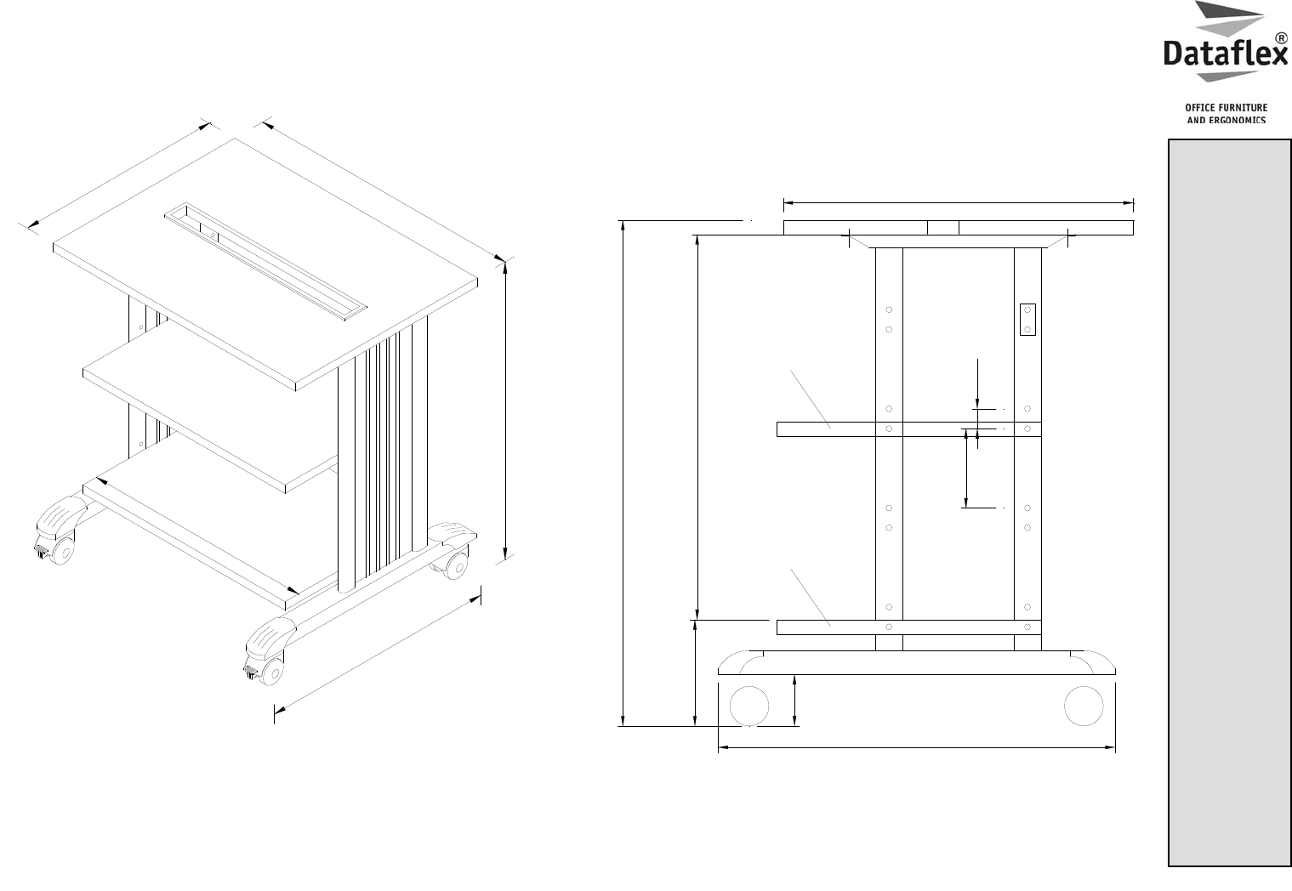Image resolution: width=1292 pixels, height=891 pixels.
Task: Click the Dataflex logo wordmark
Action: point(1225,54)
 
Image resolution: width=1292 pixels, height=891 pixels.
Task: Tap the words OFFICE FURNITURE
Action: point(1227,108)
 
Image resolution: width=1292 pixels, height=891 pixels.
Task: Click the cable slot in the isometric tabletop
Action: point(265,261)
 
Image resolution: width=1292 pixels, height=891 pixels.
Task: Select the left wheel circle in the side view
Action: point(749,706)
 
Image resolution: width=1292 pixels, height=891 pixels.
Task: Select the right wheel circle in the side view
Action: point(1084,706)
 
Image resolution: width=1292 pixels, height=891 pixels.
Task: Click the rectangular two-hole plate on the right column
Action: point(1027,320)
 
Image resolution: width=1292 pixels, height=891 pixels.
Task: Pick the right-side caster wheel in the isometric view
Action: point(456,566)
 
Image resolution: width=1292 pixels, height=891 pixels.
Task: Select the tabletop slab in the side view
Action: point(959,228)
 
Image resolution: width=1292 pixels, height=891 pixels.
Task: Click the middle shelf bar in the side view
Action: point(909,429)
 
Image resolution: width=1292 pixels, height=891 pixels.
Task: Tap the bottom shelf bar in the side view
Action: point(909,627)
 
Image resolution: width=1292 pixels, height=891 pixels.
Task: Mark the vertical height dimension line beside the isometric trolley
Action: point(505,411)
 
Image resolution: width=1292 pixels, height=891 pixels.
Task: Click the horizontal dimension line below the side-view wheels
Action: point(917,748)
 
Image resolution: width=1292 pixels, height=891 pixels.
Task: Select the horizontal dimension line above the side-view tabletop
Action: point(959,203)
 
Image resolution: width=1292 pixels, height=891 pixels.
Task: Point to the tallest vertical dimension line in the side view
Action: point(623,474)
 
